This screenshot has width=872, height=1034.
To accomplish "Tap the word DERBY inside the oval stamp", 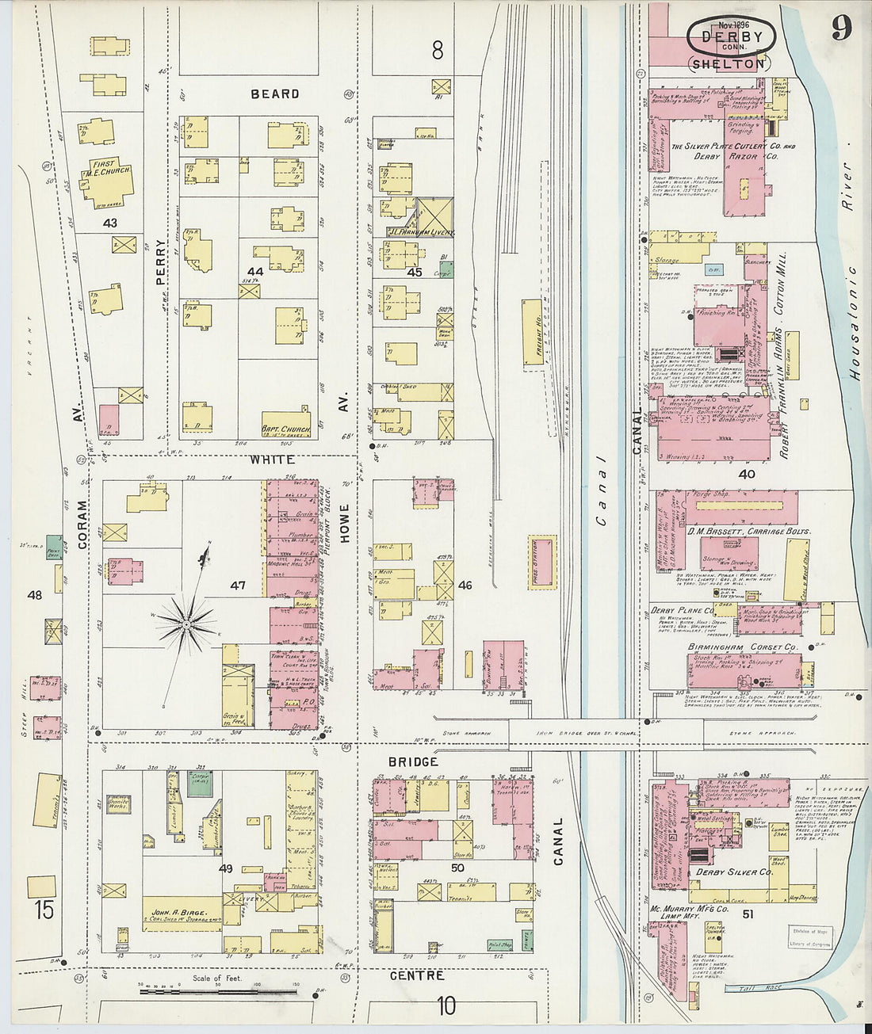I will pyautogui.click(x=731, y=37).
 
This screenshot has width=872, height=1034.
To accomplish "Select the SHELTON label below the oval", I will pyautogui.click(x=728, y=64).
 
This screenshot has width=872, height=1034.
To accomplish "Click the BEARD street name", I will pyautogui.click(x=275, y=93).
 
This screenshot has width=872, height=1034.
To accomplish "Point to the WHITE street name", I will pyautogui.click(x=272, y=460).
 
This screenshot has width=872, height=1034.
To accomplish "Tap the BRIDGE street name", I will pyautogui.click(x=413, y=761).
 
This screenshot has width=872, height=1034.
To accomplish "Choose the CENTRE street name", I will pyautogui.click(x=417, y=975).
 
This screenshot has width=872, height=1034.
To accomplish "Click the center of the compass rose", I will pyautogui.click(x=186, y=624).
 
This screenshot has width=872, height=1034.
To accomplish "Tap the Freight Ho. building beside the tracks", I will pyautogui.click(x=532, y=332).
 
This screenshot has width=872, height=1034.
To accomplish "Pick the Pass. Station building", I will pyautogui.click(x=542, y=563).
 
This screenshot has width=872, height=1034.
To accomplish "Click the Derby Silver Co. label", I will pyautogui.click(x=733, y=872).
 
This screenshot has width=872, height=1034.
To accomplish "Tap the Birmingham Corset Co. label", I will pyautogui.click(x=730, y=647).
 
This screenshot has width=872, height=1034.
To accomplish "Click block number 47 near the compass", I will pyautogui.click(x=238, y=586).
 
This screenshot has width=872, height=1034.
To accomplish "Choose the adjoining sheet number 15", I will pyautogui.click(x=44, y=910).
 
